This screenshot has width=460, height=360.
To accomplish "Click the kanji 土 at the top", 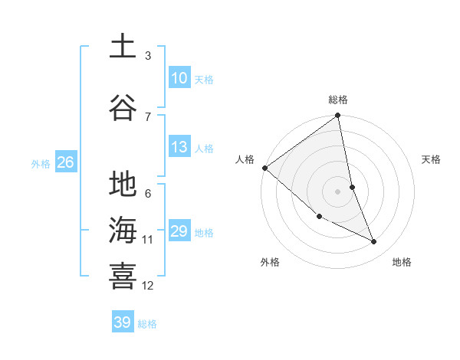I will coord(123,47).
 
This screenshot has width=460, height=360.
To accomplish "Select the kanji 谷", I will coord(123,106).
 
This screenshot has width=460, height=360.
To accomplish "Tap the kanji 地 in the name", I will coord(123,185).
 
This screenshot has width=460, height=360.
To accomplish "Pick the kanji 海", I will coord(123,230).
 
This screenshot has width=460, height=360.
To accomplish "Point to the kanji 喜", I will coord(123,276).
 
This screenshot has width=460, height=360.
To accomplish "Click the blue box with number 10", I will coord(179,78).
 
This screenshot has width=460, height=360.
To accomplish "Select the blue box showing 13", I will coord(179,147).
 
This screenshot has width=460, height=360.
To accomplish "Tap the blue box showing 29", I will coord(179,231).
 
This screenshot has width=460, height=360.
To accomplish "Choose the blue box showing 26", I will coord(65,162).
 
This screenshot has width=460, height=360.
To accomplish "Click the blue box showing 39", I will coord(122,322).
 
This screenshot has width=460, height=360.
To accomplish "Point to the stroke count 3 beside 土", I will coord(148,56).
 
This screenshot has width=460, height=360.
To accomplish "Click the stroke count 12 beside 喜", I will coord(148,286).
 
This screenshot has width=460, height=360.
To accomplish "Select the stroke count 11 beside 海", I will coord(148,240).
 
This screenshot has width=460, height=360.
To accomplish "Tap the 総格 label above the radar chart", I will coord(338,100).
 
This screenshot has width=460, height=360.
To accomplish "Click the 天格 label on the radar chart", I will coord(432,159).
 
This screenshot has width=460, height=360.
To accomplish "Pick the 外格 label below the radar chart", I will coord(270,262).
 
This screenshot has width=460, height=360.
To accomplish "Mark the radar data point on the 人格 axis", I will coord(264,168).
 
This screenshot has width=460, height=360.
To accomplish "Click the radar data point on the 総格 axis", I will coord(338,116).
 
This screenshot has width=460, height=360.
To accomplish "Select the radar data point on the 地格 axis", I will coord(374,241).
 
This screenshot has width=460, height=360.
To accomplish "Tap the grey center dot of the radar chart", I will coord(338,191).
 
